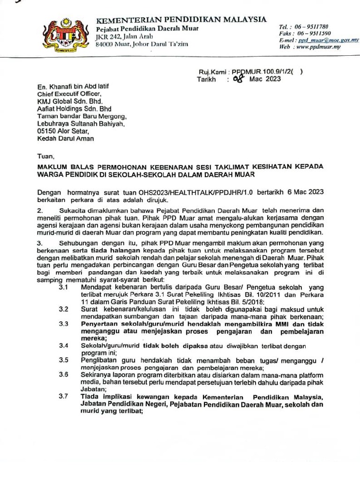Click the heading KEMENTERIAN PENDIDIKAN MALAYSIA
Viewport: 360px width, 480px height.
[181, 20]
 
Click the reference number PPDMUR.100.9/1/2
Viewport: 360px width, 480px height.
[262, 72]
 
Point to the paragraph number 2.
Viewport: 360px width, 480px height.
[40, 210]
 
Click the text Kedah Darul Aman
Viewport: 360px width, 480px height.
[66, 139]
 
